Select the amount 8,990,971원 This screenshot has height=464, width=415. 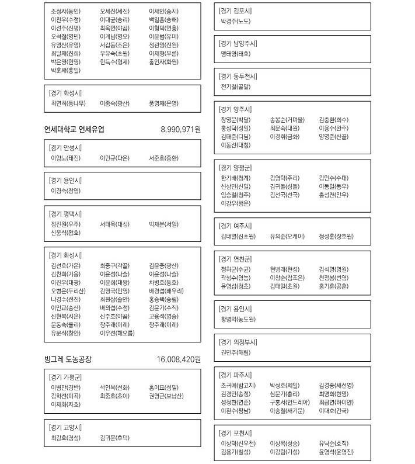pos(180,129)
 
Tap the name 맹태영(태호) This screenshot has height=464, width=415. pos(236,54)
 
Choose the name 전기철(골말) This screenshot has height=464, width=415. pos(236,86)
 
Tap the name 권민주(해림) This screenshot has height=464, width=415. pos(236,352)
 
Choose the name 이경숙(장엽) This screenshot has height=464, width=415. pos(66,191)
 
